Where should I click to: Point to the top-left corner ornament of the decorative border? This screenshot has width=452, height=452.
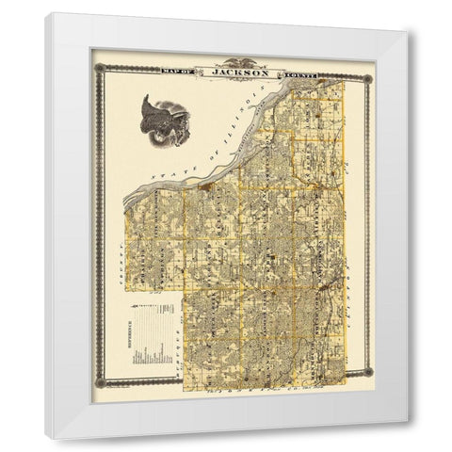97,67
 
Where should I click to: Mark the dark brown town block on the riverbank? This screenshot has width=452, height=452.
203,186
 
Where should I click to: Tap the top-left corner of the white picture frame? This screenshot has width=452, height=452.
46,14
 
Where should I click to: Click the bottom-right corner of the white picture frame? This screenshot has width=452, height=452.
408,438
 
